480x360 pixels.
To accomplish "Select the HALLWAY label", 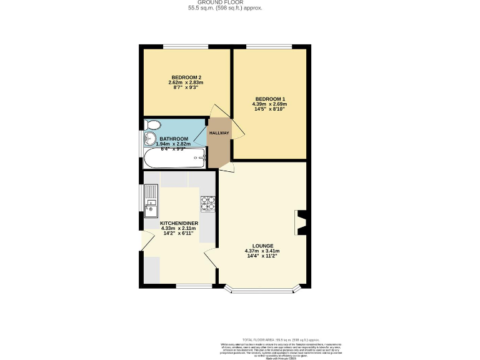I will tap(219, 133).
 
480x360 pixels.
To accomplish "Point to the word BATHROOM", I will tap(173, 139).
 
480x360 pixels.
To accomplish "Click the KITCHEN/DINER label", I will tap(179, 223).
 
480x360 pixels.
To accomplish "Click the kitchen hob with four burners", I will tap(207, 203).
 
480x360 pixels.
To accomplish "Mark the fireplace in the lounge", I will tap(301, 223).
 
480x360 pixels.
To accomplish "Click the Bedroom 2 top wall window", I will tap(186, 46).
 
